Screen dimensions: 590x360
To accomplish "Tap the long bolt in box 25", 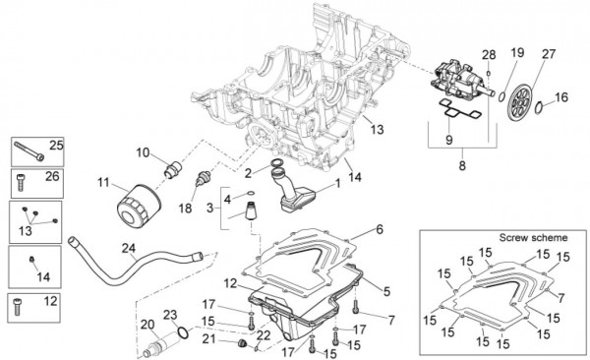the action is (x=29, y=150).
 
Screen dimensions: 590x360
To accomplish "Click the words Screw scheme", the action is (x=533, y=238).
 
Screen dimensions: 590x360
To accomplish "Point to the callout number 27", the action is (x=549, y=54).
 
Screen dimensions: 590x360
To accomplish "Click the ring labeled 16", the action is (x=539, y=106).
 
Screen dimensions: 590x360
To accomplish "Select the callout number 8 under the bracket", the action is (x=462, y=165).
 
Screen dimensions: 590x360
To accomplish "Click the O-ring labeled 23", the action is (x=183, y=332).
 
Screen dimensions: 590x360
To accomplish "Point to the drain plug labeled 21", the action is (x=241, y=343).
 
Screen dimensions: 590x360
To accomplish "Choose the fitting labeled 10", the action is (x=172, y=169).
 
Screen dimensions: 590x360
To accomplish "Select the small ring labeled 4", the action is (x=250, y=194).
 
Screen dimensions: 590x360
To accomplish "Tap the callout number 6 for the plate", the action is (x=379, y=229).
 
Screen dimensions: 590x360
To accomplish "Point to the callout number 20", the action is (x=147, y=325).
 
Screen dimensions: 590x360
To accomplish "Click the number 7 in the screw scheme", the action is (x=561, y=298).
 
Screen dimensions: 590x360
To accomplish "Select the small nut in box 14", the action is (x=32, y=260).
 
